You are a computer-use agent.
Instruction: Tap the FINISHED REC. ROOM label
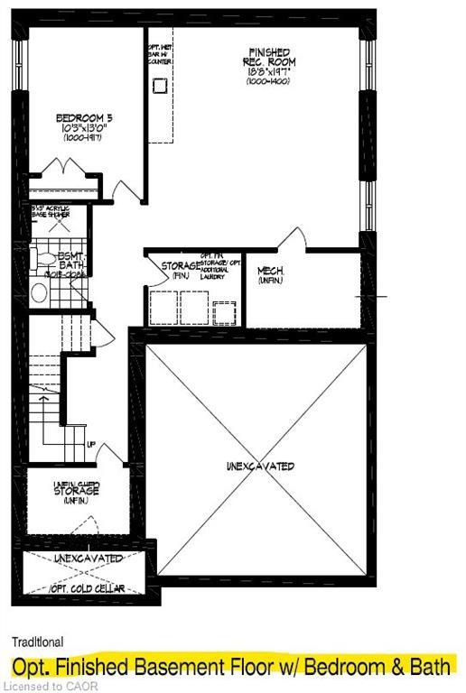270,56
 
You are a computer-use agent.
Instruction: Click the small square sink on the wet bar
160,86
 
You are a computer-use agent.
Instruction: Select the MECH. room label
271,271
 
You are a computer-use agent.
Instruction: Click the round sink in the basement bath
39,292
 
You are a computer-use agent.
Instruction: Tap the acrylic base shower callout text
57,213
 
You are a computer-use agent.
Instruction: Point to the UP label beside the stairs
92,445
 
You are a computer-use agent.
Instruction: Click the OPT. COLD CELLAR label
89,588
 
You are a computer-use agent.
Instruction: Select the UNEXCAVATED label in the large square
261,466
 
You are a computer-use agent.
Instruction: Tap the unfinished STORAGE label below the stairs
76,491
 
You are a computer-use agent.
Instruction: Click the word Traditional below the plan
37,642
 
